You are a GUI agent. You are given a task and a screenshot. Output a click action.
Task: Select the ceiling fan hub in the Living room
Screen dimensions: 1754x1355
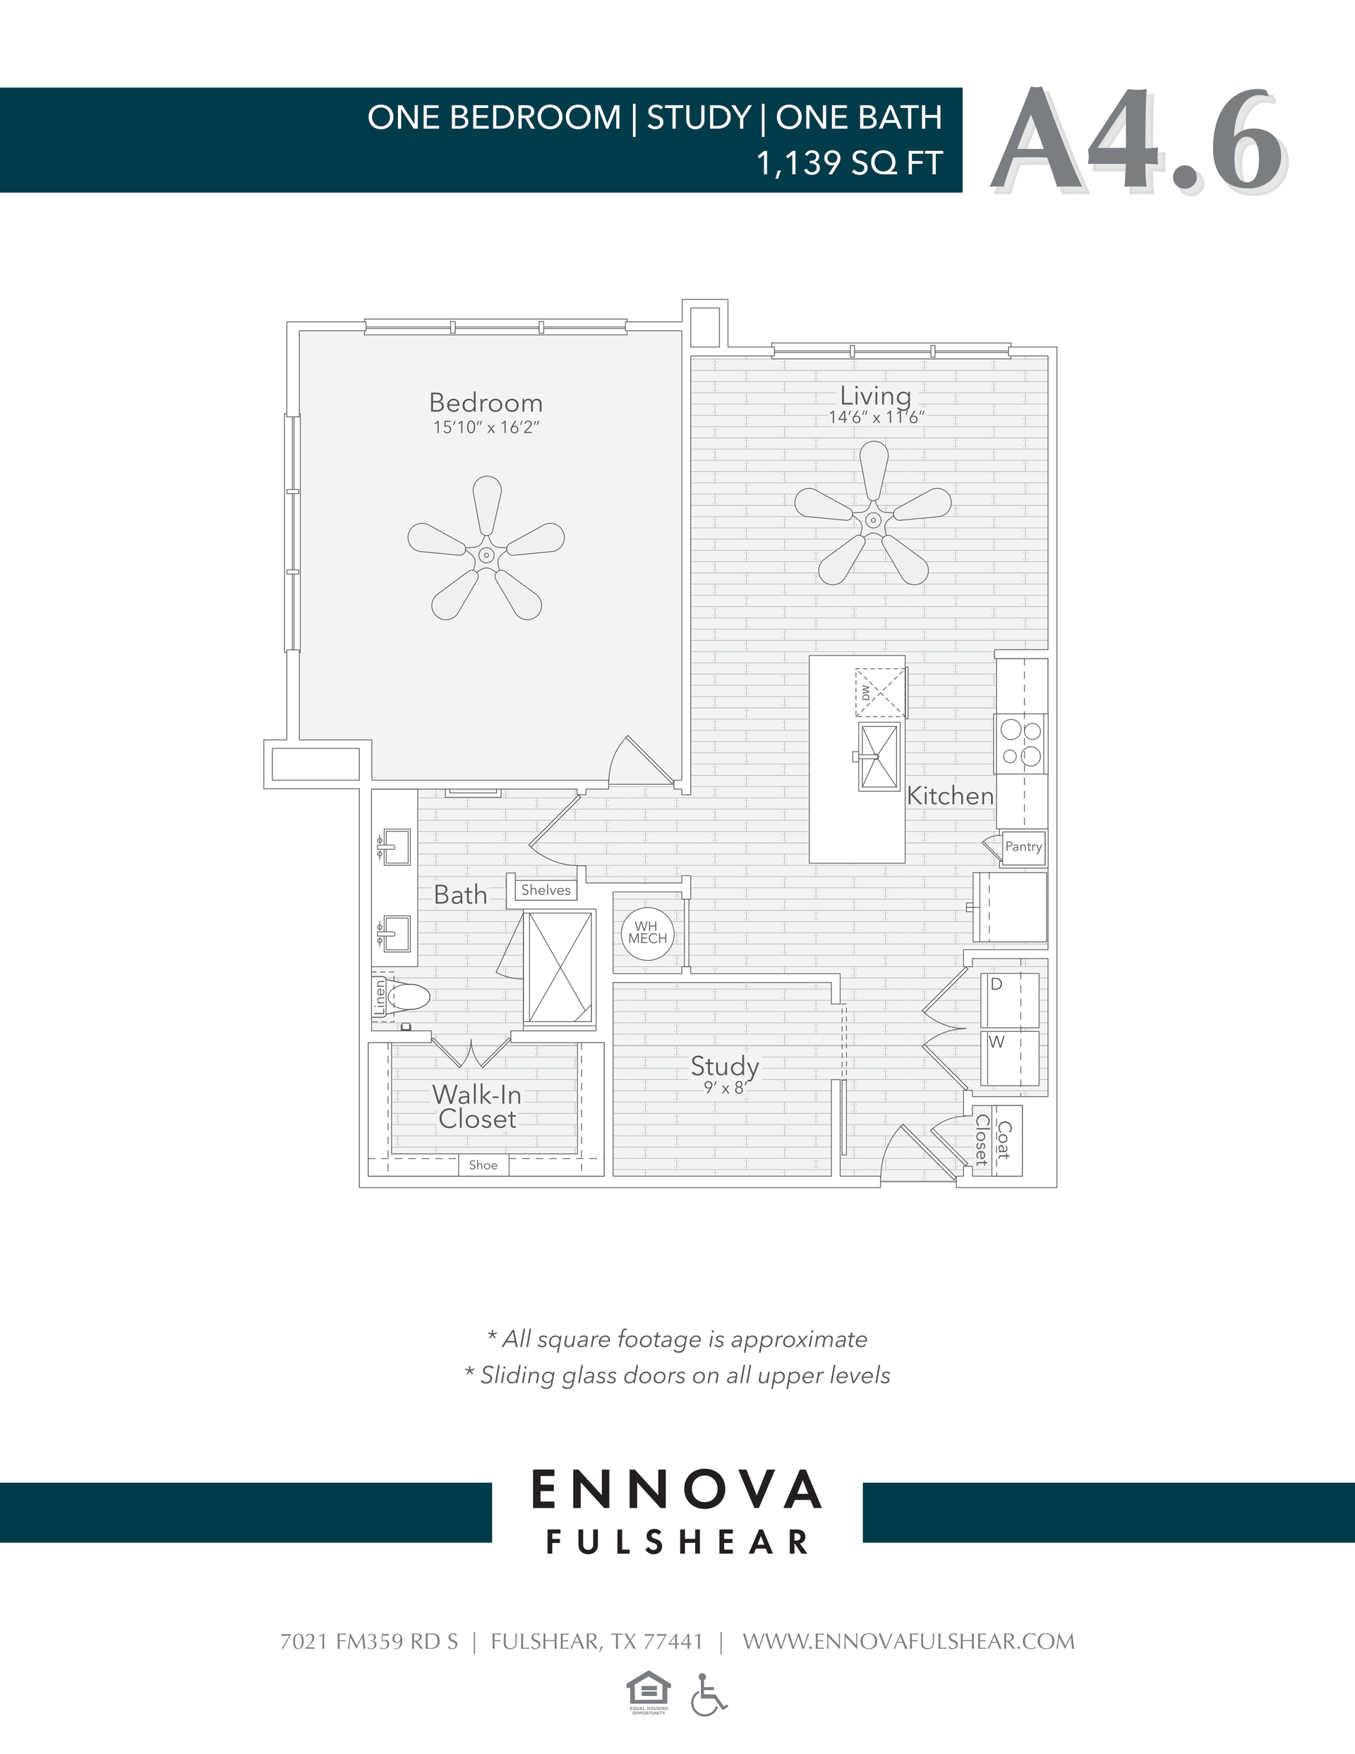[873, 520]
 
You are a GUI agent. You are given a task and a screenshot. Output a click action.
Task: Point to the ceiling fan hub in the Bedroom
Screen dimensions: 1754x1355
[486, 555]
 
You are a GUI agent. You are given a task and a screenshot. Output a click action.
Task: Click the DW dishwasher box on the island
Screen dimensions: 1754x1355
[879, 692]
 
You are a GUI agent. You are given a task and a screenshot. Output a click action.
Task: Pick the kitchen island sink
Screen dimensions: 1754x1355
[879, 757]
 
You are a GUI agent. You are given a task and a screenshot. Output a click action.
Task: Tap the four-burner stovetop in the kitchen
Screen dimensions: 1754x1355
[1021, 744]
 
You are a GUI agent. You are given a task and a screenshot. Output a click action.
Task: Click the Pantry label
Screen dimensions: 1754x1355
[1023, 846]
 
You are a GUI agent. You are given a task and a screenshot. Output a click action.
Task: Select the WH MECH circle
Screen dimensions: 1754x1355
[647, 932]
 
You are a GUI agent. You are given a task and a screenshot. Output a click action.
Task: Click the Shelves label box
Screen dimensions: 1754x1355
[546, 890]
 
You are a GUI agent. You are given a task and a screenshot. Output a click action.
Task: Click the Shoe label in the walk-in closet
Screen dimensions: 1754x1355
[483, 1165]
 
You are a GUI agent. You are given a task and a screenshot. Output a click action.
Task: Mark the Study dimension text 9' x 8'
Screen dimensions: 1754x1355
[725, 1088]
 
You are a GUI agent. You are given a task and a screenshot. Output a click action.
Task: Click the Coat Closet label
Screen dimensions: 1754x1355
[993, 1141]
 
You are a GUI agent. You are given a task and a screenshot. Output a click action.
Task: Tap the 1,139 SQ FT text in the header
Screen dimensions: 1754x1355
[848, 163]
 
